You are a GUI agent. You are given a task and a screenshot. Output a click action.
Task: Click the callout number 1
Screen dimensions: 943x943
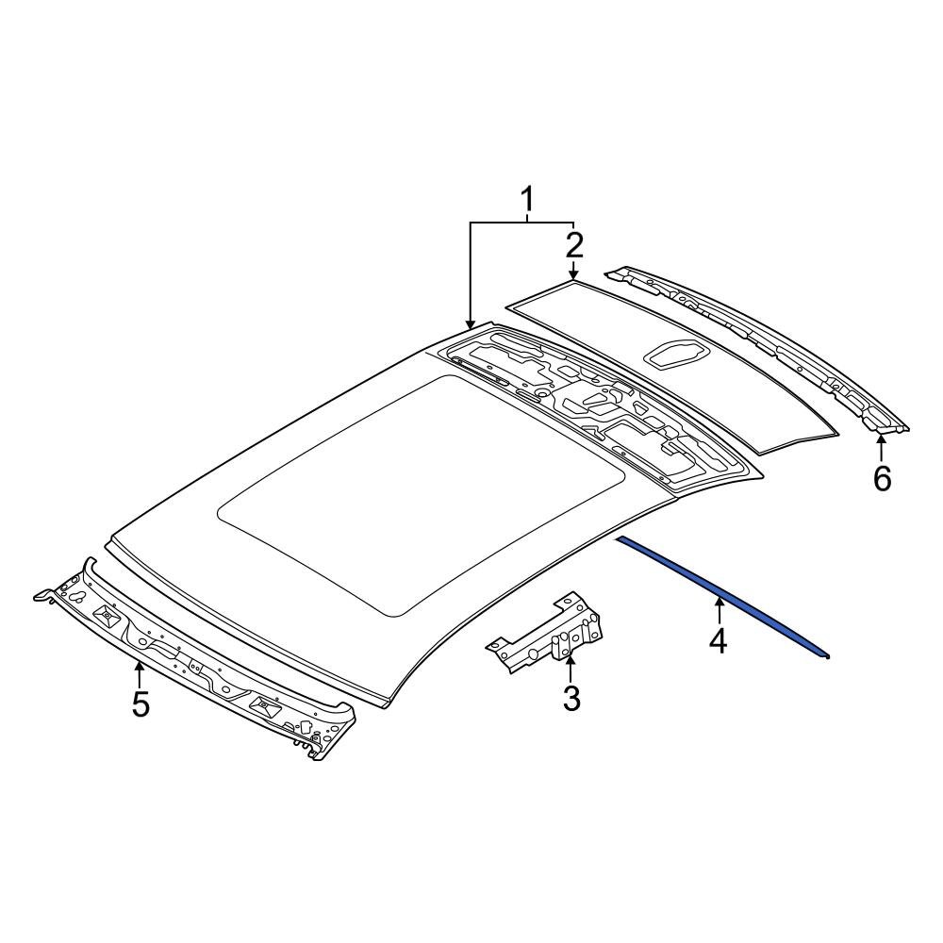(x=527, y=200)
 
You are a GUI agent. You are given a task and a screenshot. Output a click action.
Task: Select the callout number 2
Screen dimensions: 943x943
(x=574, y=246)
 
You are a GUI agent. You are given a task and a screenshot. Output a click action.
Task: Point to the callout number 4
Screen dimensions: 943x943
(x=719, y=641)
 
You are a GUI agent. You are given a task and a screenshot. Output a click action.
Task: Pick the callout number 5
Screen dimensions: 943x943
(x=141, y=703)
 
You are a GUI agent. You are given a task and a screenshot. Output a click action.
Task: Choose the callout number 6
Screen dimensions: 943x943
(x=882, y=479)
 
